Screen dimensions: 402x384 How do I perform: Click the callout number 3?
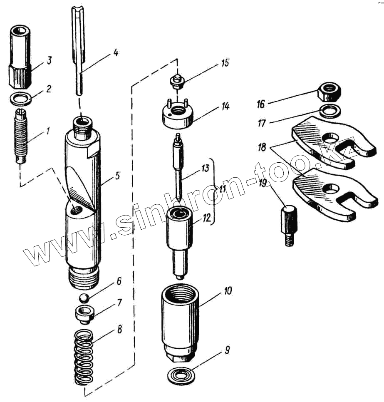pyautogui.click(x=49, y=61)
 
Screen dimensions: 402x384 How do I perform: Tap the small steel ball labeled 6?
pyautogui.click(x=84, y=298)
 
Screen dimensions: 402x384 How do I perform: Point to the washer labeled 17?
pyautogui.click(x=331, y=110)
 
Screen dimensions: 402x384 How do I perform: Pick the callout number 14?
pyautogui.click(x=225, y=106)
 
